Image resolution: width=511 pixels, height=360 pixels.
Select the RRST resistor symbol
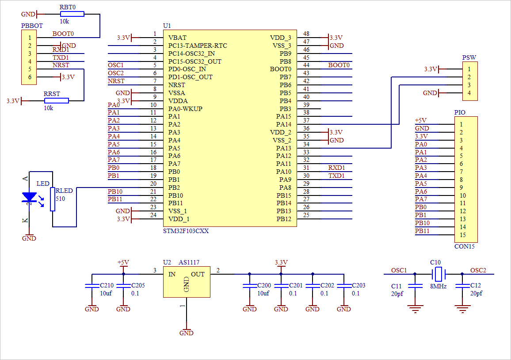point(56,101)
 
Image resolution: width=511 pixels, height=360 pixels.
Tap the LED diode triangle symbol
point(29,197)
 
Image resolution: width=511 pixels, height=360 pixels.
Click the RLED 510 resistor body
point(53,199)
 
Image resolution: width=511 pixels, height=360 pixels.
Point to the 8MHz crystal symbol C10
point(438,274)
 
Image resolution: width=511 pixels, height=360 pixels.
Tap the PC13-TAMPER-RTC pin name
point(198,46)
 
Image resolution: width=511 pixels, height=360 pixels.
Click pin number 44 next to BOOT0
point(306,65)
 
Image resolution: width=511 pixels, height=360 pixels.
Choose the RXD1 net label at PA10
point(336,168)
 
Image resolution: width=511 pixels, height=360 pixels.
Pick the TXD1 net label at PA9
point(336,176)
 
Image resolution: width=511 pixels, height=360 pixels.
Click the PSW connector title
point(469,57)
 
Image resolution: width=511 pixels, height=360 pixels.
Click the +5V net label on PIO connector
point(421,120)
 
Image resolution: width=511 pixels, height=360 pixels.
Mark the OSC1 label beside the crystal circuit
point(399,270)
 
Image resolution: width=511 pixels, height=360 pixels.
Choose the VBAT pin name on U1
point(177,38)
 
